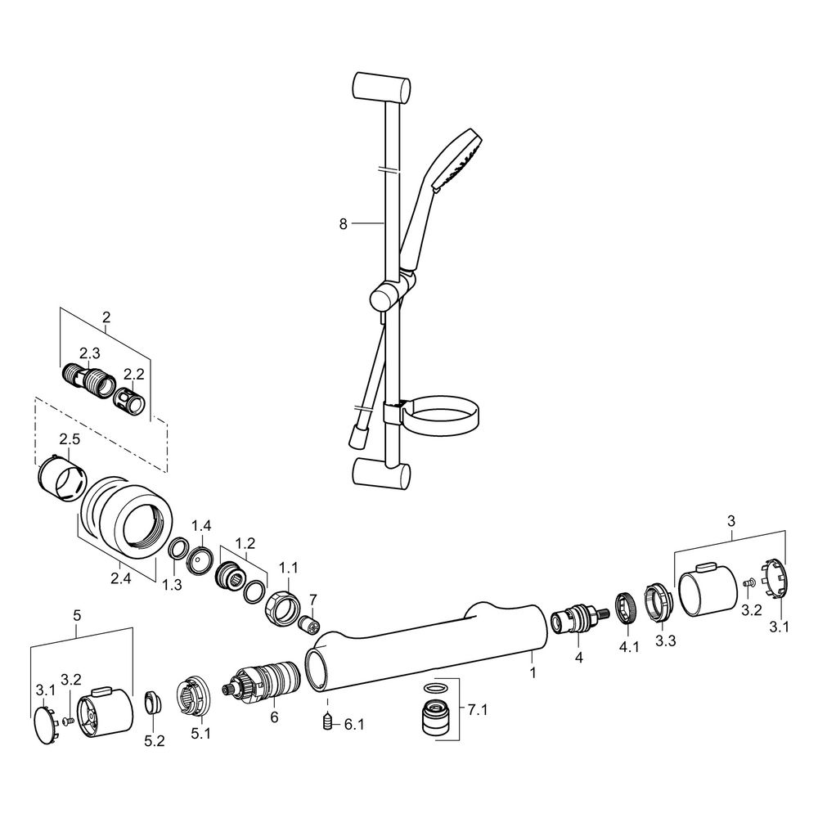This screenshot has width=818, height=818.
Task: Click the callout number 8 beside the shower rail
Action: [x=343, y=224]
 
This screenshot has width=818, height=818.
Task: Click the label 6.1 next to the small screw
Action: [x=354, y=725]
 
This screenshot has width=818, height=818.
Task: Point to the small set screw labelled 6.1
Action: [x=328, y=721]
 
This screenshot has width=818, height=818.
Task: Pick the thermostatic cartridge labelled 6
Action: [x=262, y=681]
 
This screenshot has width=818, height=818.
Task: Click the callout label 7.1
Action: [x=478, y=710]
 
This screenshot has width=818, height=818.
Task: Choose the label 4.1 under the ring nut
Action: [x=628, y=647]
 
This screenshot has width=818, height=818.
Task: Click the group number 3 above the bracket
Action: [x=730, y=520]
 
